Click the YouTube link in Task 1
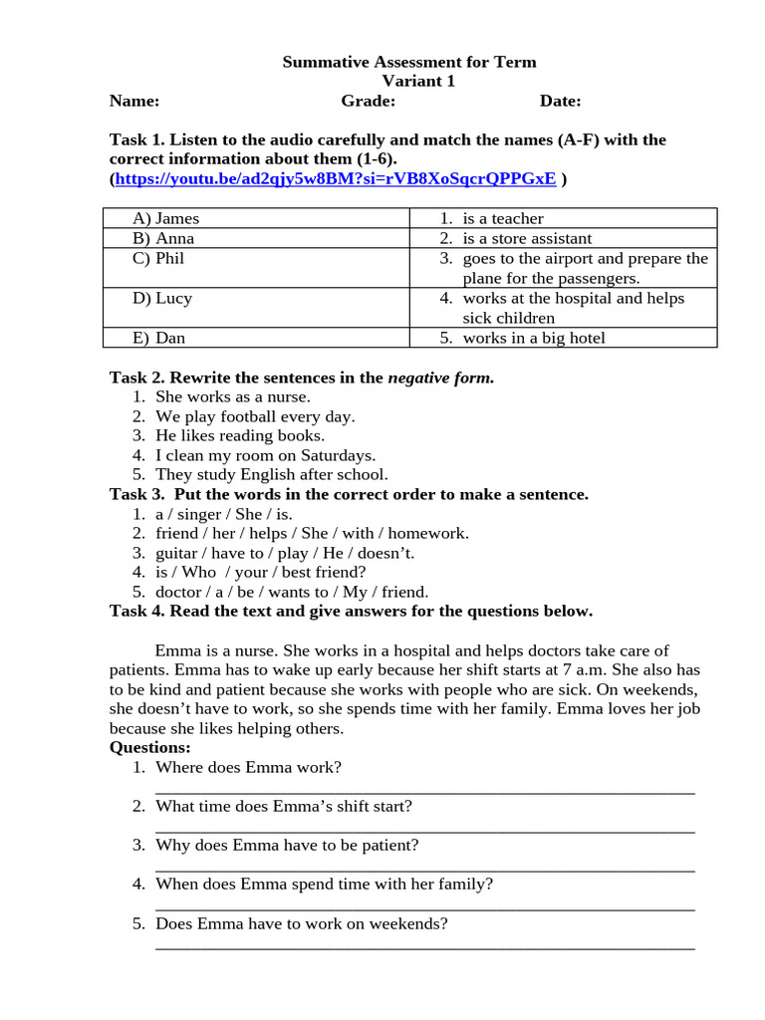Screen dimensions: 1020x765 336,179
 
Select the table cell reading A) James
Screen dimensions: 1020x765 166,218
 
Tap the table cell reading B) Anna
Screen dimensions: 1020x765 163,238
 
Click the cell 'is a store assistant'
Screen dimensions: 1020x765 527,238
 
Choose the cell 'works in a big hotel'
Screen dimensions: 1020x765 534,338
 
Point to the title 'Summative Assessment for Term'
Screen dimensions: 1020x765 409,62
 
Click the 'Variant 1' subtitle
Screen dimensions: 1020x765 418,82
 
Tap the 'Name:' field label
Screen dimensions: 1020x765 134,101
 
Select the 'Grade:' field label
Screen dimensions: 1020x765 369,101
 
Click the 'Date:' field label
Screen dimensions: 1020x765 561,101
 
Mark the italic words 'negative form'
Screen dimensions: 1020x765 439,378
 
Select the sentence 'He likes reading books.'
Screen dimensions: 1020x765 240,435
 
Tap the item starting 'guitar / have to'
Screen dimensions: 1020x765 285,553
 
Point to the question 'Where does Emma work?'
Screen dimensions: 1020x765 248,767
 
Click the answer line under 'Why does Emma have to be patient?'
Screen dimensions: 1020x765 425,868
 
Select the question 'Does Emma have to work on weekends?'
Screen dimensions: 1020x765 302,923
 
